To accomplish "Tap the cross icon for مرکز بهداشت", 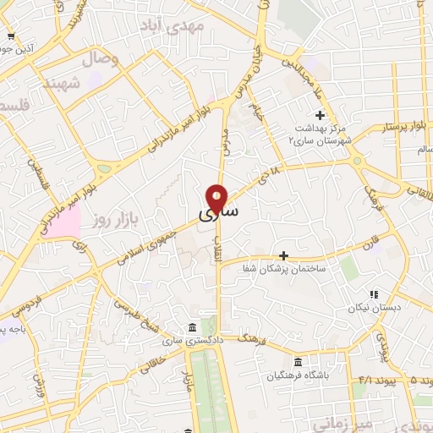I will coord(320,115).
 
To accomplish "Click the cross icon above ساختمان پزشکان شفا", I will coord(283,255).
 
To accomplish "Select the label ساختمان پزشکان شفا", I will coord(297,268).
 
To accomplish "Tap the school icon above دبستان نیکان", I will coord(373,294).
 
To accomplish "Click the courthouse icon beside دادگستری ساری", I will coord(194,327).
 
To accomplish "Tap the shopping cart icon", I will coord(11,36).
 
